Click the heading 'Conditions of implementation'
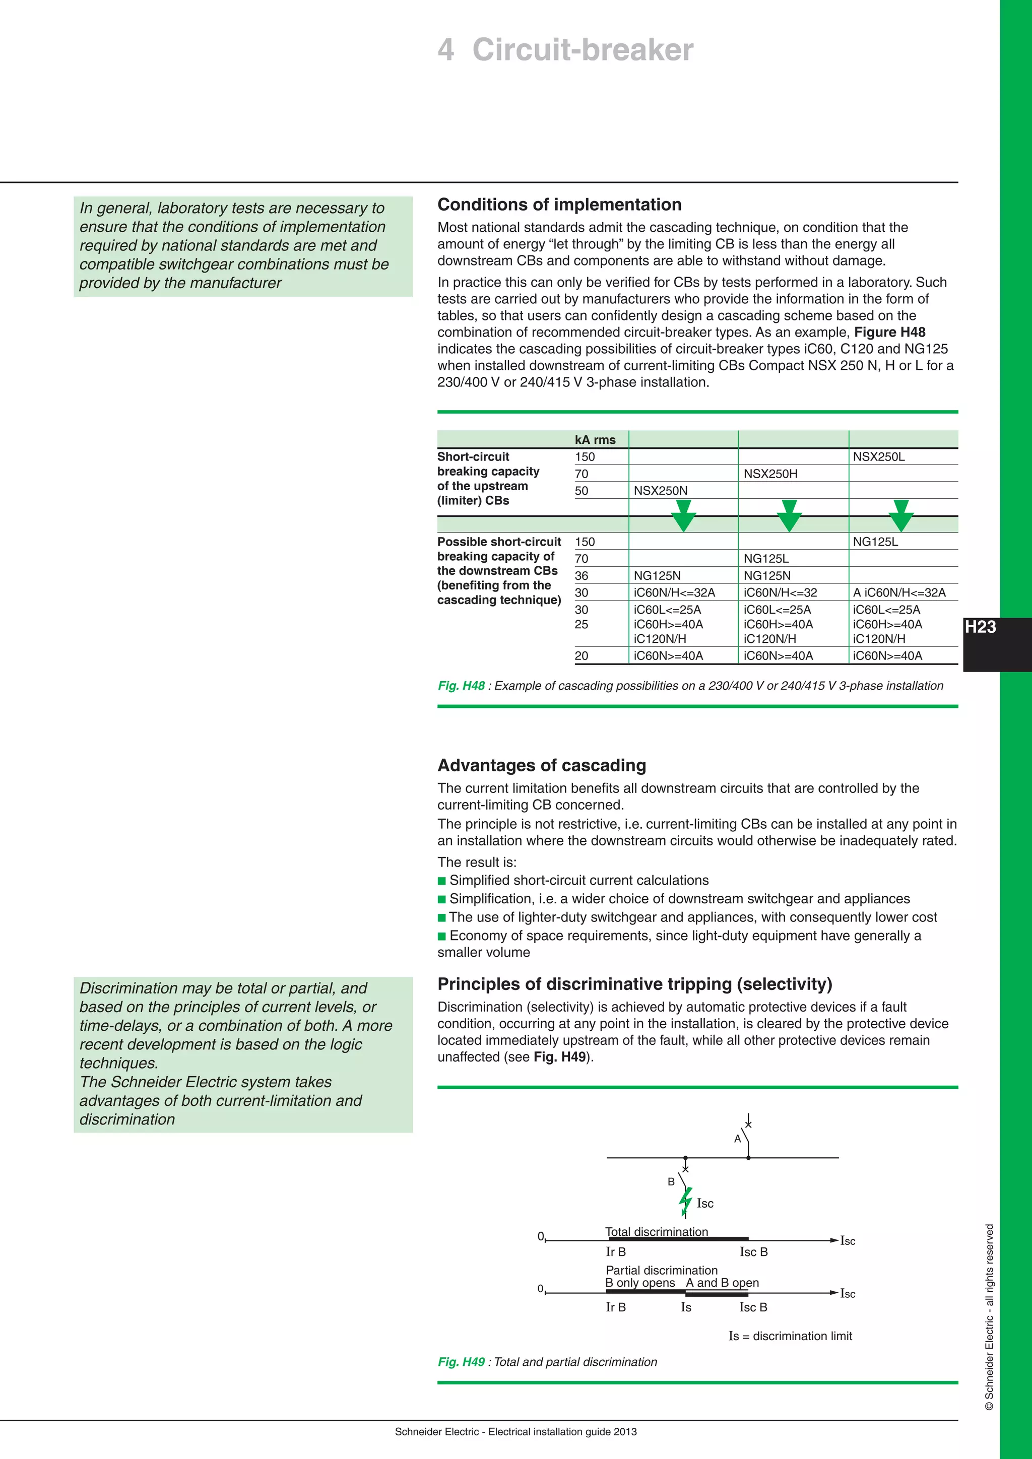559,205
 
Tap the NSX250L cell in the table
878,457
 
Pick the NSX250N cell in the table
660,491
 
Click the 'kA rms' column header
595,440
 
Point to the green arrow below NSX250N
683,515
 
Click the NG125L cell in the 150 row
875,542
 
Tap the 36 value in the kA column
582,576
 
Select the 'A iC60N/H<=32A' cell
898,593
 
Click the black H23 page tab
981,628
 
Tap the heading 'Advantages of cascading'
541,766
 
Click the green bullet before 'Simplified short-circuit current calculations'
441,881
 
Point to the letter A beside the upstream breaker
737,1139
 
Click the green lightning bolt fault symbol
685,1201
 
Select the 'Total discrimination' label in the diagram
657,1231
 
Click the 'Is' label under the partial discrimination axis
686,1307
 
